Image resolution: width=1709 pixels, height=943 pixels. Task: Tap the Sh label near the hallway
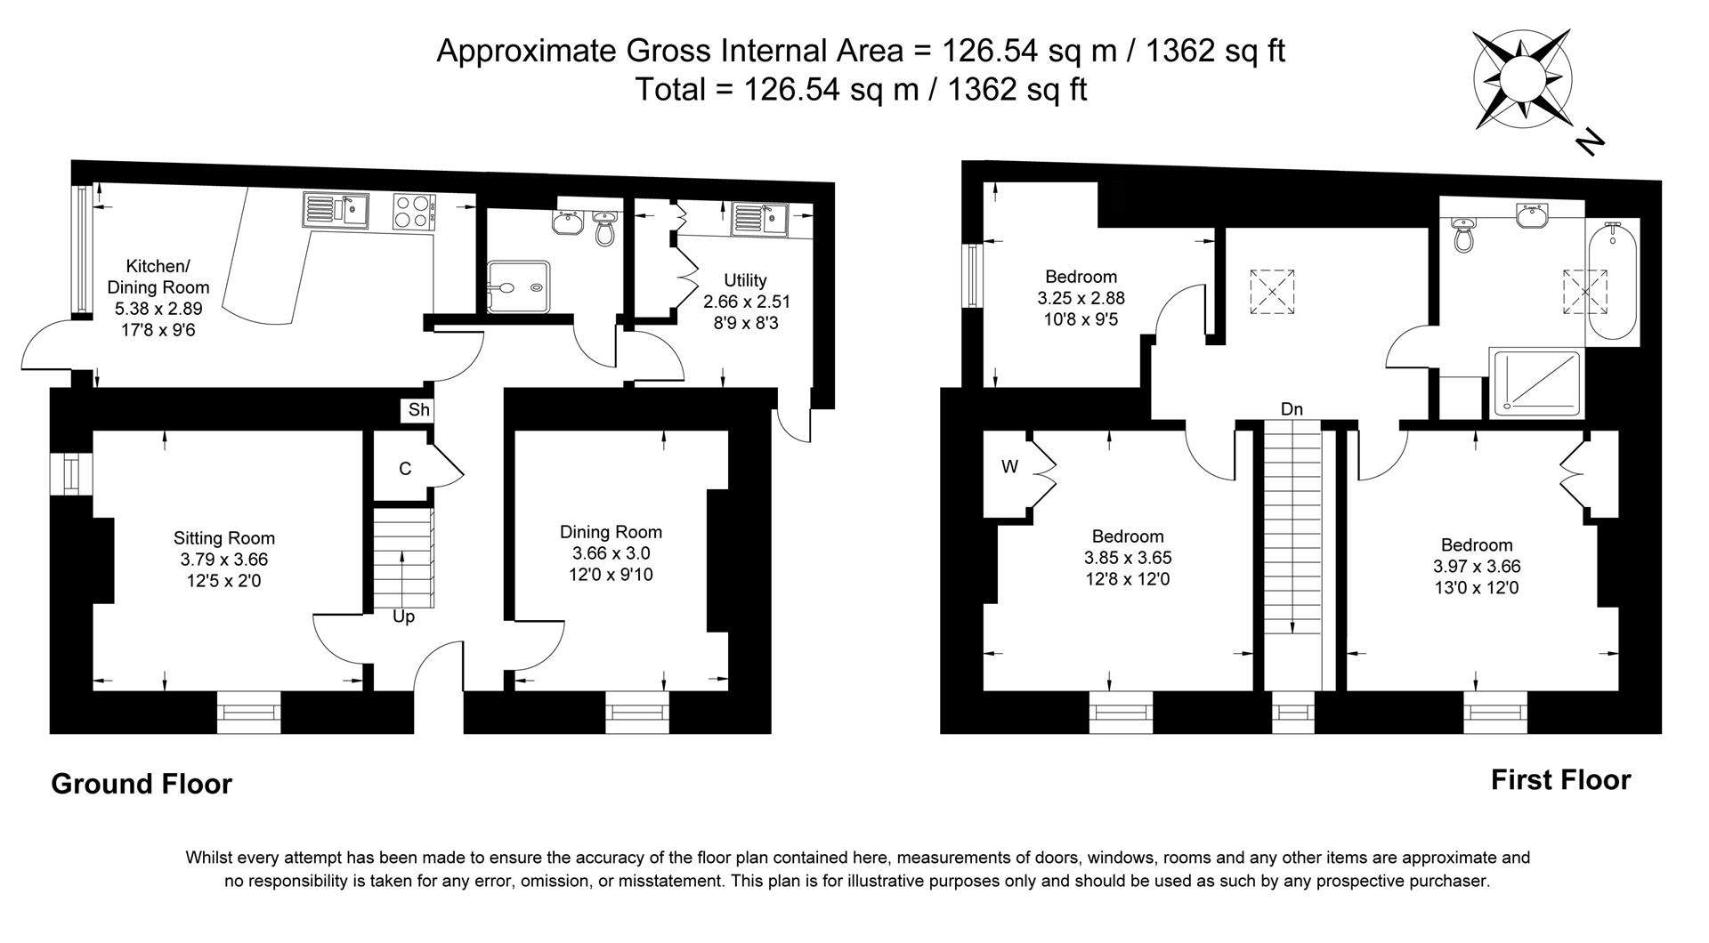pyautogui.click(x=419, y=410)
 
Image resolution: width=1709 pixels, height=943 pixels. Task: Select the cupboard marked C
pyautogui.click(x=405, y=469)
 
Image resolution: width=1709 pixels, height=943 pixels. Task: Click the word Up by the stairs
pyautogui.click(x=403, y=617)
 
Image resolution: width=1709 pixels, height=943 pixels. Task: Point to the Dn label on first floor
pyautogui.click(x=1292, y=409)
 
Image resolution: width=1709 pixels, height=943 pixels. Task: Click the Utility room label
pyautogui.click(x=746, y=280)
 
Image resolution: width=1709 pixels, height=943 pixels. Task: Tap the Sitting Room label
pyautogui.click(x=224, y=538)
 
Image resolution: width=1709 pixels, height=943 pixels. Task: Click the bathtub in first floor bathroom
pyautogui.click(x=1610, y=282)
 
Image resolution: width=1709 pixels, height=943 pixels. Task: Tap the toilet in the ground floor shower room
pyautogui.click(x=605, y=229)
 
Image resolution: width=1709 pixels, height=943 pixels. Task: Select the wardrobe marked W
pyautogui.click(x=1008, y=467)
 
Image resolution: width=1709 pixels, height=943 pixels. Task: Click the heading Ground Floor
pyautogui.click(x=142, y=784)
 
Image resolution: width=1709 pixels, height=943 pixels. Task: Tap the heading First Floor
pyautogui.click(x=1560, y=780)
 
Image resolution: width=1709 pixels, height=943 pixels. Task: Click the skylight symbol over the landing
pyautogui.click(x=1273, y=292)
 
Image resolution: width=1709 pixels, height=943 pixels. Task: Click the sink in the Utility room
pyautogui.click(x=760, y=218)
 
